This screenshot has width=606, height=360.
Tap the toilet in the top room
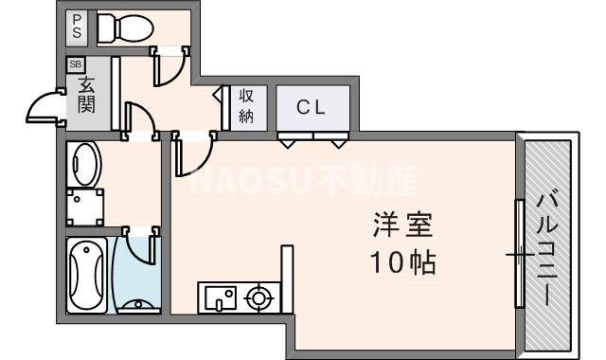point(118,28)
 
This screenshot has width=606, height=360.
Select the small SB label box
point(75,64)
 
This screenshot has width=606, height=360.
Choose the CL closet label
point(312,107)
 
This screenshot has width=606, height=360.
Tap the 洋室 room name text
point(401,227)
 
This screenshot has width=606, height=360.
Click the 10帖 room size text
point(401,261)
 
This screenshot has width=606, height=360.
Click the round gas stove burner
point(258,300)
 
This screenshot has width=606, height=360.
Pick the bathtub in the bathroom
point(88,275)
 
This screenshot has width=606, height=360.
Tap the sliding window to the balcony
point(519,254)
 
